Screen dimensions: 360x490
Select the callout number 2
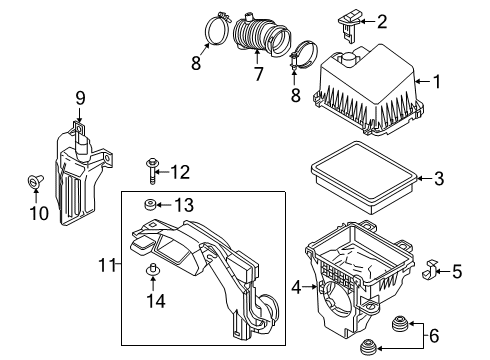click(381, 21)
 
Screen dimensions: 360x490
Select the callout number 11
click(112, 265)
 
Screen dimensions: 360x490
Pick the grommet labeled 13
click(150, 206)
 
